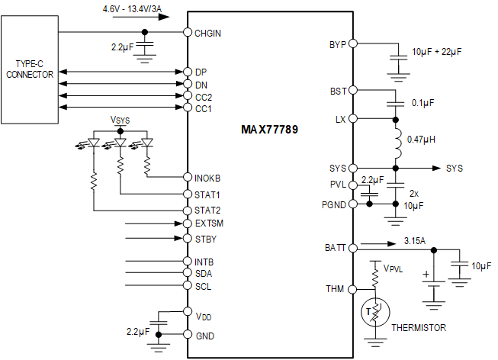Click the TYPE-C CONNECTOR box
(30, 69)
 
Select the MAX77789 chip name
(270, 130)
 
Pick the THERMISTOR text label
(418, 327)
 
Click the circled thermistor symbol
(374, 313)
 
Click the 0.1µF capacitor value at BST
(424, 102)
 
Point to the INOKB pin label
(209, 176)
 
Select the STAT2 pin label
(207, 210)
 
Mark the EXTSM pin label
(209, 223)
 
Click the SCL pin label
(203, 286)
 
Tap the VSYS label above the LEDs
(120, 120)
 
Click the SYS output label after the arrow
(454, 168)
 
